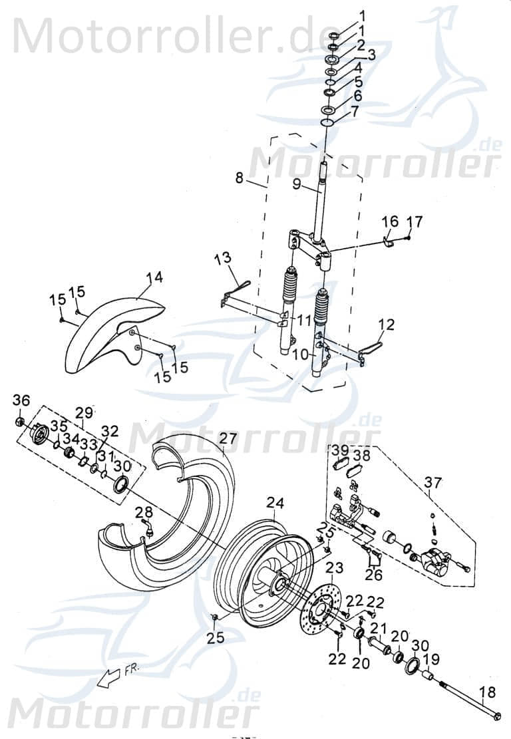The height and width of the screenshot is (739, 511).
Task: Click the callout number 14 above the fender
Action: coord(154,277)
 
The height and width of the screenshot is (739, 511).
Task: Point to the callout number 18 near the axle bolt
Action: coord(488,692)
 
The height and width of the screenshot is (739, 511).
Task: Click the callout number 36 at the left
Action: coord(21,400)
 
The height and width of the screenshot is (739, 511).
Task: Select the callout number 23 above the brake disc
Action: coord(334,567)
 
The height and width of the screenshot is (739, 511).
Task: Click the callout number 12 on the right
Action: coord(387,325)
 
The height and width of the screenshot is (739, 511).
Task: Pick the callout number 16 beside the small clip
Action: coord(390,221)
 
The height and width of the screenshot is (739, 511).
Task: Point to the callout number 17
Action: coord(414,221)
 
